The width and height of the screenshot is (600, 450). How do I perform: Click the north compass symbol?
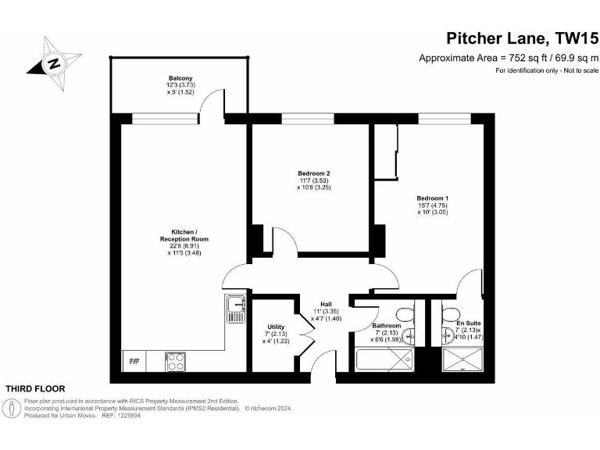[54, 62]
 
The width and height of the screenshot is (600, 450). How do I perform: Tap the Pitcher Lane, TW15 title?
[521, 38]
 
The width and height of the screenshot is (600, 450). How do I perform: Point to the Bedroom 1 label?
[431, 198]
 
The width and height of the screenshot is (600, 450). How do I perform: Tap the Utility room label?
[276, 327]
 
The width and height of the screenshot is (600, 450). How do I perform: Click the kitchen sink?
[235, 309]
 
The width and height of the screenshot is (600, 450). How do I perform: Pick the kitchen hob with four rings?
[175, 361]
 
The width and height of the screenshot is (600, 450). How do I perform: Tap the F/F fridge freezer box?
[134, 362]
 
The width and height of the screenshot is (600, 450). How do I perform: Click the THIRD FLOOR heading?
[36, 388]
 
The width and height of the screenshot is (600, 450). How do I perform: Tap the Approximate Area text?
[508, 58]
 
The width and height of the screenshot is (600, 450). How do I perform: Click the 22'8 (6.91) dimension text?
[184, 245]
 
